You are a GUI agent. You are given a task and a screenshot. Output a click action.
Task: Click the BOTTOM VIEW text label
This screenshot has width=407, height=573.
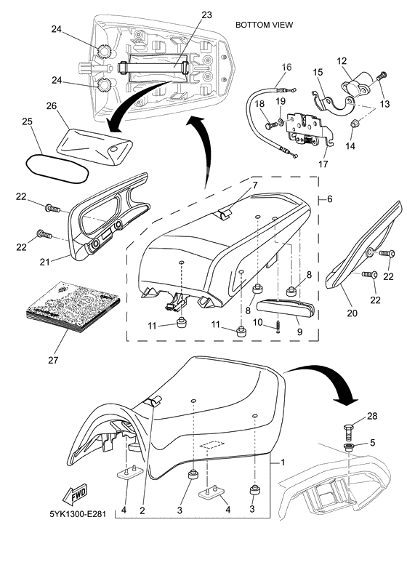point(264,25)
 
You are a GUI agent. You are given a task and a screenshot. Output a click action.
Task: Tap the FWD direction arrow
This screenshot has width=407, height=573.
point(75,494)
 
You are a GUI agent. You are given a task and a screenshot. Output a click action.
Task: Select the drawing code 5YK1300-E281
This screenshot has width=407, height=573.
point(78,514)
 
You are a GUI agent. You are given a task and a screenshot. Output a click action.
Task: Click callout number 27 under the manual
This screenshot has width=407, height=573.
point(53,360)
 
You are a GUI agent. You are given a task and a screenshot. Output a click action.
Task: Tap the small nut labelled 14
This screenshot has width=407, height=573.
point(353,124)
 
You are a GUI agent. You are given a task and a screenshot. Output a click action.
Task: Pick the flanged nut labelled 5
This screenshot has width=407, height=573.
point(349,447)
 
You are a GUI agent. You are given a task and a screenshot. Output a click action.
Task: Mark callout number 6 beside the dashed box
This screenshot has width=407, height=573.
point(329,199)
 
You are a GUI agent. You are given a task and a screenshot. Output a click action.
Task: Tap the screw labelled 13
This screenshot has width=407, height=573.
point(381,78)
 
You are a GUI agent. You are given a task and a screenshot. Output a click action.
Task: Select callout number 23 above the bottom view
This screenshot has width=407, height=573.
point(206,15)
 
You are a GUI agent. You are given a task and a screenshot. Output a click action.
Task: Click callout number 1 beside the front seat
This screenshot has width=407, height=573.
point(283,462)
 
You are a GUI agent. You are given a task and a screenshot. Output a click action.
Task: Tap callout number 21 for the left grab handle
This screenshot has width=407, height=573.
point(44,262)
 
